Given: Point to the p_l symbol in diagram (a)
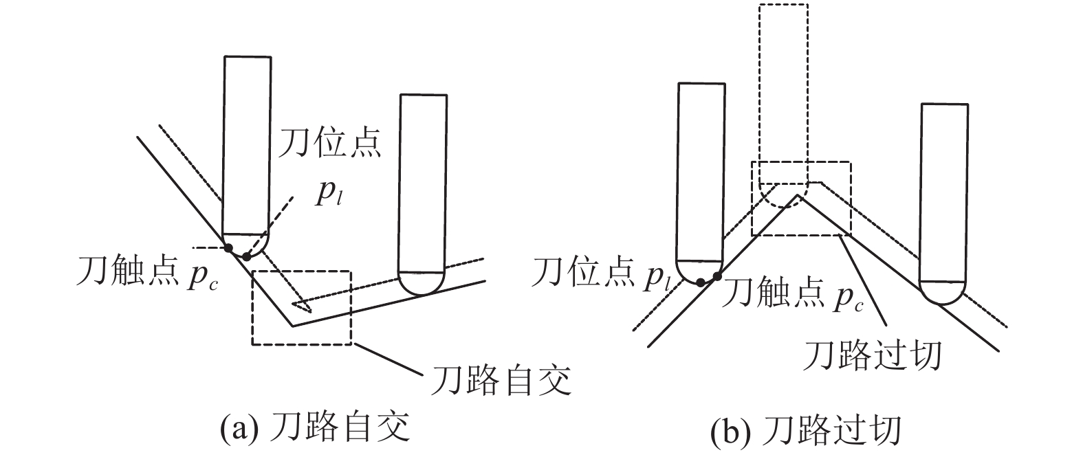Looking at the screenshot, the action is coord(329,193).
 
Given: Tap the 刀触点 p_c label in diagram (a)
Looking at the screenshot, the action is coord(147,272).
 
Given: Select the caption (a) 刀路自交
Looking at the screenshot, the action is coord(315,427).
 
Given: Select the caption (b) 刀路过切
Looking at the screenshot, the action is coord(806,430).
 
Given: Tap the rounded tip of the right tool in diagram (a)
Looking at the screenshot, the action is coord(421,284).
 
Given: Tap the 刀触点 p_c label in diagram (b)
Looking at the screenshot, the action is coord(792,293).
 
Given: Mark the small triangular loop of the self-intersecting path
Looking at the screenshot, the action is coord(300,305).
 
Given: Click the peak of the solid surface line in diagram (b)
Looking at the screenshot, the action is coord(798,194).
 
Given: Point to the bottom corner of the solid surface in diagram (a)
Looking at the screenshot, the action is coord(292,326).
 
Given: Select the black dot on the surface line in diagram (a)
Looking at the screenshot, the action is coord(228,248).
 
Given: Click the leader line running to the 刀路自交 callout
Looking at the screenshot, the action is coord(387,359).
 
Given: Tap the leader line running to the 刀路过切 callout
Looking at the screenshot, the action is coord(864,279).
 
